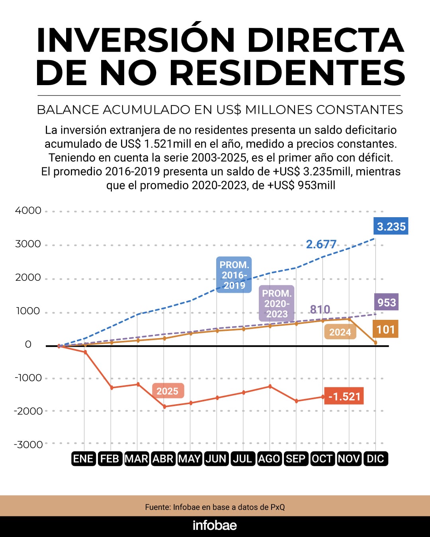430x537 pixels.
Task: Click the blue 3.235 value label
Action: tap(391, 226)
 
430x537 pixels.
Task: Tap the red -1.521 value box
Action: tap(344, 396)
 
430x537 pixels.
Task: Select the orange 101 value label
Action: tap(385, 329)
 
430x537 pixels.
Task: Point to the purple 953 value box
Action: tap(386, 302)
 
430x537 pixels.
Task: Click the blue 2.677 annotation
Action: tap(321, 244)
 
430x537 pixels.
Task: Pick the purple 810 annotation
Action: tap(320, 309)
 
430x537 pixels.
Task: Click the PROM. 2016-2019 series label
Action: tap(234, 275)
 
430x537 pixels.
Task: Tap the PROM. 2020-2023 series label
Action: tap(277, 304)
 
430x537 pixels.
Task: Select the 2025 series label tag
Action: tap(167, 391)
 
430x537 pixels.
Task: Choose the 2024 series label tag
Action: tap(340, 332)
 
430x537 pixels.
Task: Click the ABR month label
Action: tap(163, 459)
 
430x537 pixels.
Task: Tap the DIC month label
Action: tap(375, 459)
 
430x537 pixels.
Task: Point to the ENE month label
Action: tap(83, 459)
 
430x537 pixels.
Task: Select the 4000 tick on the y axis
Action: tap(28, 210)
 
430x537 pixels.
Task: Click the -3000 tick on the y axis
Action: tap(28, 444)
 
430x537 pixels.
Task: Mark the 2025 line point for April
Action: tap(164, 407)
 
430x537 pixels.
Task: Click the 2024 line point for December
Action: tap(375, 342)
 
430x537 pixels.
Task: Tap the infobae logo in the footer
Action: tap(215, 525)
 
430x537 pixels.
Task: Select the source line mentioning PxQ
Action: tap(215, 507)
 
